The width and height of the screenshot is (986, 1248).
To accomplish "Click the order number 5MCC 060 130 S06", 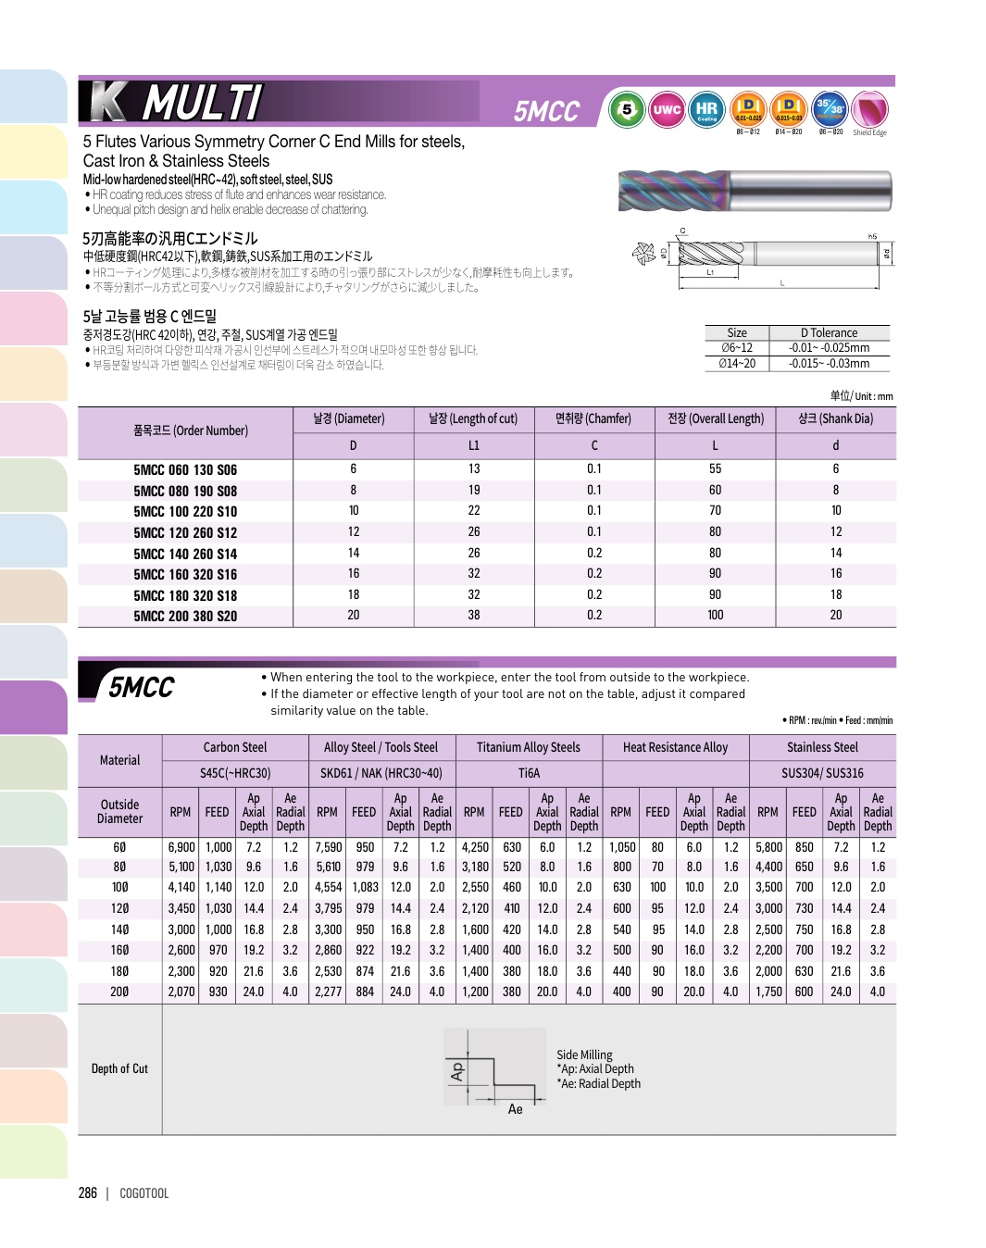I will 185,470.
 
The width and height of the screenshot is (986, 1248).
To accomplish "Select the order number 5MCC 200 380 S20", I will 185,617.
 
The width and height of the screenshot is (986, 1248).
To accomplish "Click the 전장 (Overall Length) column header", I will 716,419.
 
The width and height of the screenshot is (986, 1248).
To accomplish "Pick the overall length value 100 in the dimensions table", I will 716,616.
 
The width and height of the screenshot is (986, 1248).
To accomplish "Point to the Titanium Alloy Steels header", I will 529,748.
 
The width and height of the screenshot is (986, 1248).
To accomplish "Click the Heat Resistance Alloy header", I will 675,748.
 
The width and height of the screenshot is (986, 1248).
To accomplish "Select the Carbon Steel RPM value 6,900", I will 181,848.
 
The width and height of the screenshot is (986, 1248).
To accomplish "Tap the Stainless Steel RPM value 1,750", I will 768,992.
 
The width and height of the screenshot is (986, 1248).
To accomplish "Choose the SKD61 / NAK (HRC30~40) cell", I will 381,774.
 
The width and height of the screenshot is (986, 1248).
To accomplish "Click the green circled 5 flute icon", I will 627,110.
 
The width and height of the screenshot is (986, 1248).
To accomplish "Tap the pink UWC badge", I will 667,110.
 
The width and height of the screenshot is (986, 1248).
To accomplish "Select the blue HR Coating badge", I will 706,110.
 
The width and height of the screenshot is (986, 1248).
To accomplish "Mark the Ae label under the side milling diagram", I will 515,1109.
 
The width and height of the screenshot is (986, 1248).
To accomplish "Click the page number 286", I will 88,1193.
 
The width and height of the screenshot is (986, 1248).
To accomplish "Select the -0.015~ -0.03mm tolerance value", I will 829,364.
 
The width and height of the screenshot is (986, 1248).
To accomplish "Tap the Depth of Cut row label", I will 119,1069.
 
